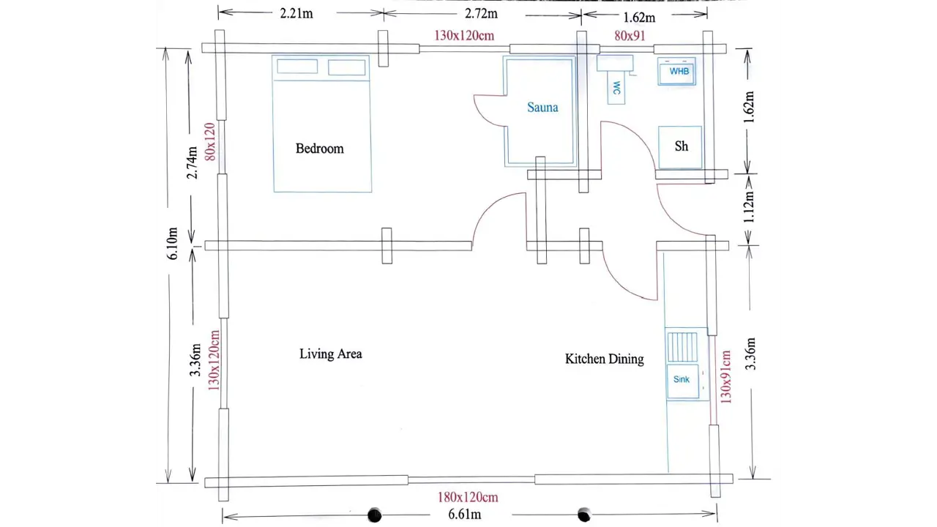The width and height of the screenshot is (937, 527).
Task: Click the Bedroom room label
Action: (x=320, y=149)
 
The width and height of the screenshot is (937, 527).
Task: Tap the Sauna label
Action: (x=542, y=108)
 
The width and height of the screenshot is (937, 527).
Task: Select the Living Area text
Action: (x=330, y=354)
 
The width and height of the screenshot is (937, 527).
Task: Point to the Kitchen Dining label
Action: (x=605, y=359)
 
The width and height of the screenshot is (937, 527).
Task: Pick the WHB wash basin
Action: (x=677, y=72)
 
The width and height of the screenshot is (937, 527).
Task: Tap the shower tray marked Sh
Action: (x=680, y=147)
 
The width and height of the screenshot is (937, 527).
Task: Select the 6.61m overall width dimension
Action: (x=465, y=514)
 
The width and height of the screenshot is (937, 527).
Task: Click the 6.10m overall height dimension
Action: (x=172, y=244)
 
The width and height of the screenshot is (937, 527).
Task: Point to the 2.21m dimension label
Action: (x=296, y=13)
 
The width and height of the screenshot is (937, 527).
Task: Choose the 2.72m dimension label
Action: (x=482, y=14)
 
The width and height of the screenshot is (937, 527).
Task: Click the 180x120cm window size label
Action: (x=468, y=497)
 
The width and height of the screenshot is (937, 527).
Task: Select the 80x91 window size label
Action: (x=630, y=36)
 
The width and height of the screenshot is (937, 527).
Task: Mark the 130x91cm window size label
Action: (x=725, y=377)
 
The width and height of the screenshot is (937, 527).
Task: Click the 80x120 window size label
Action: (x=210, y=142)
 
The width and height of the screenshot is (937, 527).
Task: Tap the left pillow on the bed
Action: (x=297, y=67)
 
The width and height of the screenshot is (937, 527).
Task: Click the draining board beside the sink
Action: (x=682, y=347)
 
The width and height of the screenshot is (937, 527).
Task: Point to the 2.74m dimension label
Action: (x=192, y=162)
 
